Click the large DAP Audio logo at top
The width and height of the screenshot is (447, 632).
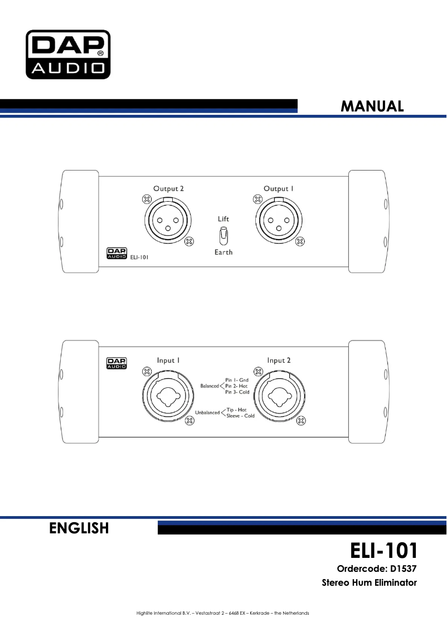tap(67, 54)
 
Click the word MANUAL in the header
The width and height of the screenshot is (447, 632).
tap(372, 106)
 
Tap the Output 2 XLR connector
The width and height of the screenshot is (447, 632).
tap(168, 221)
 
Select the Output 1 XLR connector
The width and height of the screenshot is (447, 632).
tap(278, 221)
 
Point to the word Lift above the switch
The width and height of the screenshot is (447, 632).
tap(223, 220)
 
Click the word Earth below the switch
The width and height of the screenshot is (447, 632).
tap(223, 252)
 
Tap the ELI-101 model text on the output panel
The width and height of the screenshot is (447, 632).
tap(142, 257)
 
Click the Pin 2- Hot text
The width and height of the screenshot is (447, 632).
tap(236, 386)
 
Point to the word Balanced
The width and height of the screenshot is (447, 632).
tap(210, 386)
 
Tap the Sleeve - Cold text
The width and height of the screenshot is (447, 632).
tap(240, 416)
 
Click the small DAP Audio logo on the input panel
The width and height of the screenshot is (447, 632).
tap(116, 363)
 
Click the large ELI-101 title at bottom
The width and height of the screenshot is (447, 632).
tap(383, 551)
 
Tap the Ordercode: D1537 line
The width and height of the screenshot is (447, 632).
tap(377, 569)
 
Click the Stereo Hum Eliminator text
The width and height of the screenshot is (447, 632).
tap(369, 583)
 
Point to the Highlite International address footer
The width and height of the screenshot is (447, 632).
tap(223, 614)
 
